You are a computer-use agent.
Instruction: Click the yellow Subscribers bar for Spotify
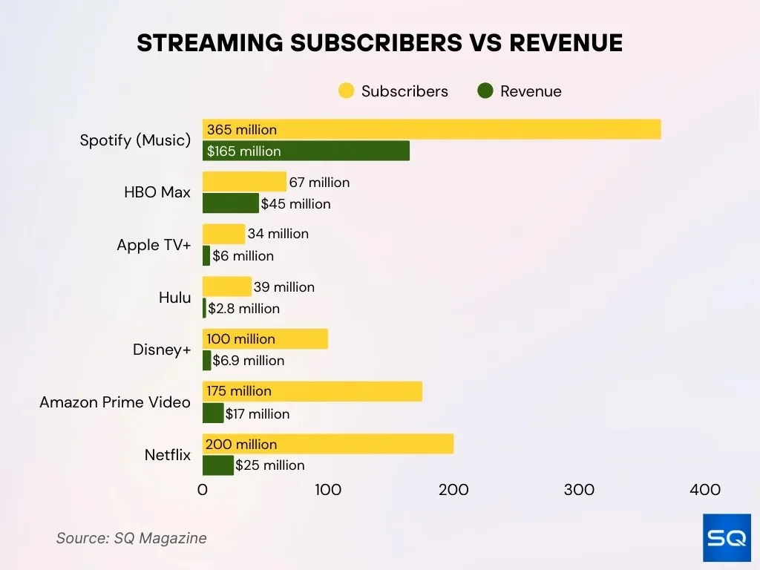pyautogui.click(x=430, y=129)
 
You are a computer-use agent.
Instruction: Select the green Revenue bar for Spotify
pyautogui.click(x=306, y=151)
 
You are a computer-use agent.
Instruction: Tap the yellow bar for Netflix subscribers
pyautogui.click(x=327, y=444)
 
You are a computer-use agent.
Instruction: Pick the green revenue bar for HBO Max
pyautogui.click(x=230, y=203)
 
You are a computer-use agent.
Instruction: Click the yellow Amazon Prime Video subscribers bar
pyautogui.click(x=312, y=391)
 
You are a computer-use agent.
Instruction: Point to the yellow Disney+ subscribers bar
pyautogui.click(x=265, y=339)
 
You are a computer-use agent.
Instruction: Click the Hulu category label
pyautogui.click(x=174, y=298)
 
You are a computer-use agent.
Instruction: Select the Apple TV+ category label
pyautogui.click(x=154, y=245)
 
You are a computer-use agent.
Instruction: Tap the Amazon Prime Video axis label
pyautogui.click(x=115, y=402)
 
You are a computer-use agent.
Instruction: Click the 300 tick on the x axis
pyautogui.click(x=579, y=490)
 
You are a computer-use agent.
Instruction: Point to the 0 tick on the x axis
pyautogui.click(x=203, y=490)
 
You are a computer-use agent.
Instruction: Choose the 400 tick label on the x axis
pyautogui.click(x=704, y=490)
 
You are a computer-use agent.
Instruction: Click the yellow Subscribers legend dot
pyautogui.click(x=346, y=91)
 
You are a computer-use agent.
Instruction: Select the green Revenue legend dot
pyautogui.click(x=485, y=91)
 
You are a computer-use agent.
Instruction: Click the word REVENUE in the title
pyautogui.click(x=566, y=43)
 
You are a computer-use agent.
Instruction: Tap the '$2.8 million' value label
pyautogui.click(x=244, y=309)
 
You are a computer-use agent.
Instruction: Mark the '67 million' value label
pyautogui.click(x=319, y=183)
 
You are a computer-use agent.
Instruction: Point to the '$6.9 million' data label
pyautogui.click(x=249, y=361)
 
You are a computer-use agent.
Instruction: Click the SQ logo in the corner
pyautogui.click(x=727, y=537)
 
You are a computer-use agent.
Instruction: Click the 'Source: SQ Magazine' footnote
pyautogui.click(x=131, y=538)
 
